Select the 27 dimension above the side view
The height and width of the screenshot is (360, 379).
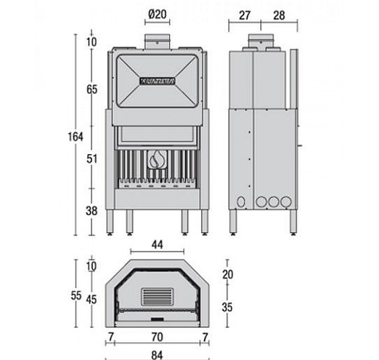click(244, 16)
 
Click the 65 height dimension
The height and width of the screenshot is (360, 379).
click(92, 90)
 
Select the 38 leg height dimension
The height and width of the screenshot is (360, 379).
click(92, 212)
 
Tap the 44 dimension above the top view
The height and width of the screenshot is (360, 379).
click(156, 245)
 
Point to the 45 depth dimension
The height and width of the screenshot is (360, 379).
click(92, 300)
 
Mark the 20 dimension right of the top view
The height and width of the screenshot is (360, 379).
click(228, 275)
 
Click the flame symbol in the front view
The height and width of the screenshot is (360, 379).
click(156, 159)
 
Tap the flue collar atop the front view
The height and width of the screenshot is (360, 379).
click(156, 42)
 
